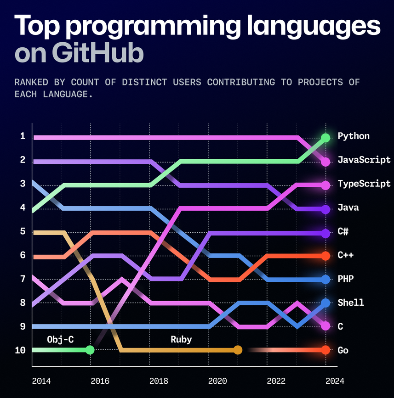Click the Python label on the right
click(x=353, y=136)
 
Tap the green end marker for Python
click(x=325, y=138)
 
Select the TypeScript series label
click(x=364, y=184)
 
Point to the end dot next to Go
click(x=325, y=350)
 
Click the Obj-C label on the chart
click(x=60, y=340)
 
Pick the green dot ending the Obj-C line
click(x=90, y=350)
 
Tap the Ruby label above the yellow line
click(x=181, y=340)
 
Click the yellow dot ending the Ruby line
click(x=238, y=350)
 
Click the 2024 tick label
click(x=333, y=381)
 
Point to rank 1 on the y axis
click(x=22, y=136)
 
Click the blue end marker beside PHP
click(x=325, y=279)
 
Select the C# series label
click(x=343, y=231)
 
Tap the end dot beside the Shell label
click(x=325, y=303)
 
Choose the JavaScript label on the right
click(x=364, y=160)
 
